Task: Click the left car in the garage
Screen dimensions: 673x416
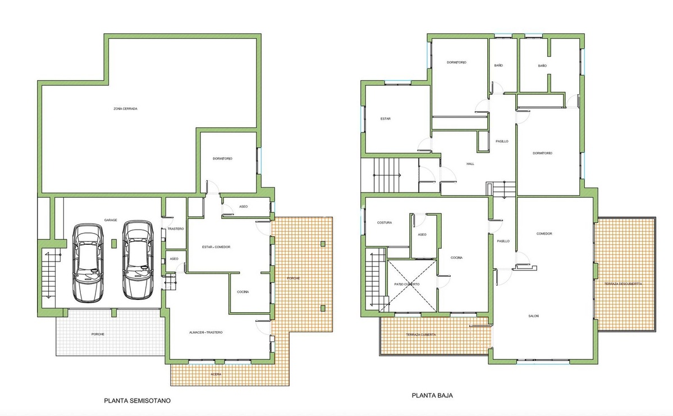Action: (x=88, y=262)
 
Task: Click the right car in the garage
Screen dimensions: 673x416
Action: (x=138, y=260)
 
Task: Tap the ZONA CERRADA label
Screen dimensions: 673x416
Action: (x=125, y=109)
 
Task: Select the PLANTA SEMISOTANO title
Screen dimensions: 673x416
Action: (x=138, y=400)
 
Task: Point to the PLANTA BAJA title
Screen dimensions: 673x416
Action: (x=432, y=395)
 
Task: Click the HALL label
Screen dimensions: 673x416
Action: (x=470, y=164)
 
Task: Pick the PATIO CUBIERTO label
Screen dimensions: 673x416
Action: (x=407, y=284)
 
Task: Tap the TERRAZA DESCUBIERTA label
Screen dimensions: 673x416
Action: (x=623, y=284)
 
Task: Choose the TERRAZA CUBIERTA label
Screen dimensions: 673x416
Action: (x=421, y=335)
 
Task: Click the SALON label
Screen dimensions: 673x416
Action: (x=533, y=316)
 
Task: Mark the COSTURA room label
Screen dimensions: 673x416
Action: (x=384, y=223)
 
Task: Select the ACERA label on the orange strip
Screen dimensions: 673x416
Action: (x=216, y=374)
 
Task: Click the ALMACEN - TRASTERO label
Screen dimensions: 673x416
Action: (x=206, y=333)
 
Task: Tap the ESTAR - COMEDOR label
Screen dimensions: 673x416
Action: (x=216, y=247)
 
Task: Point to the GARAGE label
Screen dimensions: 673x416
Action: (x=111, y=220)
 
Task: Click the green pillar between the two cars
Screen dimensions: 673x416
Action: (x=114, y=244)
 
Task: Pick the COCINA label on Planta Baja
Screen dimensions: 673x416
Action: (x=457, y=258)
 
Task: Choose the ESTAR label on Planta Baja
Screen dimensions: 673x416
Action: (x=386, y=119)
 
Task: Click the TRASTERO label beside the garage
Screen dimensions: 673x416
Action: (x=176, y=229)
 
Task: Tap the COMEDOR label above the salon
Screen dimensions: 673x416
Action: (x=544, y=234)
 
